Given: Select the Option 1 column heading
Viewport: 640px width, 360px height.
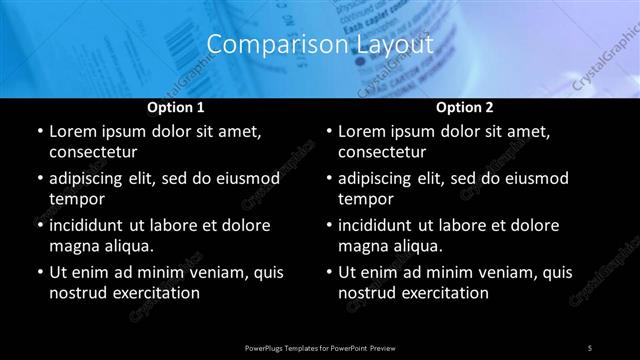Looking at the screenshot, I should pos(175,106).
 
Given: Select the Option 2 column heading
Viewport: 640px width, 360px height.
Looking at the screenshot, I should pos(464,106).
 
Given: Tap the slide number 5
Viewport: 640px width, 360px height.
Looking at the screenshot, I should pos(589,347).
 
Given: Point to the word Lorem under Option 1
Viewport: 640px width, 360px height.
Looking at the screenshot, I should pos(74,131).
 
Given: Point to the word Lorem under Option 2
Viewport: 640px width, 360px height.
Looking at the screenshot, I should pos(364,131).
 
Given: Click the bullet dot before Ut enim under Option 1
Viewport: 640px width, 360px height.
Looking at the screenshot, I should pos(38,272).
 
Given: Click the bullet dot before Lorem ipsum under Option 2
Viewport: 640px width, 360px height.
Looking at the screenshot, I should pos(328,132).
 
